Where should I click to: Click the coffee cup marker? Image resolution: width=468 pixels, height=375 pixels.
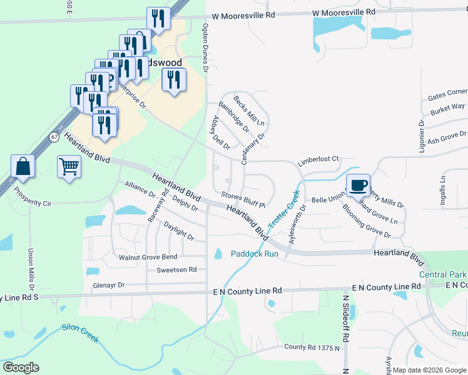[x=358, y=186]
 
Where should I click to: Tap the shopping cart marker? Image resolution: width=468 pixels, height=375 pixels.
[x=69, y=167]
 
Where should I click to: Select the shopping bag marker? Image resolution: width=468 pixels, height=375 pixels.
[x=23, y=167]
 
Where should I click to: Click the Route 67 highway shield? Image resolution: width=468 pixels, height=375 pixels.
[x=55, y=136]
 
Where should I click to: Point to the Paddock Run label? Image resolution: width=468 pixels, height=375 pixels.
[x=254, y=254]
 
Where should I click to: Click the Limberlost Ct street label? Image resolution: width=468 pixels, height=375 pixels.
[x=318, y=159]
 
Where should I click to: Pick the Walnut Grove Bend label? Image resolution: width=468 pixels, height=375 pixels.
[x=148, y=257]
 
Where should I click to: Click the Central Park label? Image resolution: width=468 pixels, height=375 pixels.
[x=442, y=274]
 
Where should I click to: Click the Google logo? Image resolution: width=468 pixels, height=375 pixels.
[x=21, y=367]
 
